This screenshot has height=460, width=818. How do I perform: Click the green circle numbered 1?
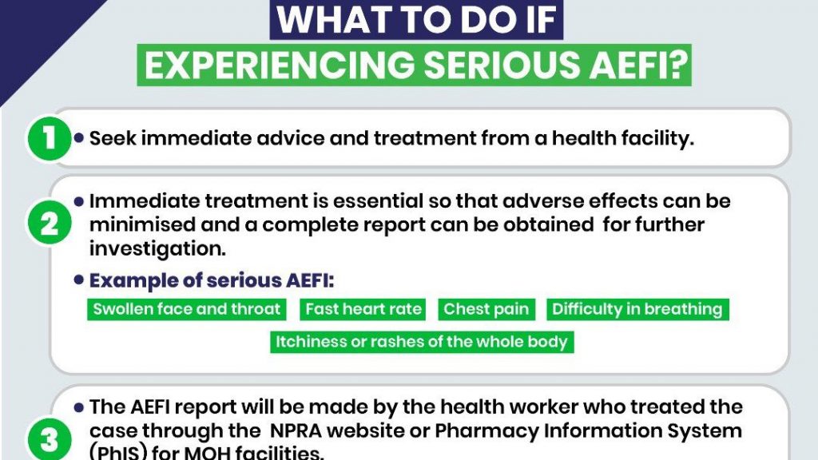point(49,138)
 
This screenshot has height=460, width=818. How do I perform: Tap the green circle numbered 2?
point(49,224)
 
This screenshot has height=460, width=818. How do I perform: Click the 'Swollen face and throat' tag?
point(187,309)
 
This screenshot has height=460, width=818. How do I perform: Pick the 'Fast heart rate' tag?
point(363,309)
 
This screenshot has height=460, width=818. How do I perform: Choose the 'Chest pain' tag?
point(486,309)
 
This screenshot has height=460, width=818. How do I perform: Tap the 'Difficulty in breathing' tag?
point(637,309)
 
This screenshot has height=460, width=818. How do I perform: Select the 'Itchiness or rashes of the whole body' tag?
point(422,342)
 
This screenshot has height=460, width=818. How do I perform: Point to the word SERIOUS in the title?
point(502,65)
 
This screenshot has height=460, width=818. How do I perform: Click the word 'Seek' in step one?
point(113,138)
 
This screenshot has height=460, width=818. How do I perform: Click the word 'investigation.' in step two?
point(157,249)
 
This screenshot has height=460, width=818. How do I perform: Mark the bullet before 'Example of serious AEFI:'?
point(79,280)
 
